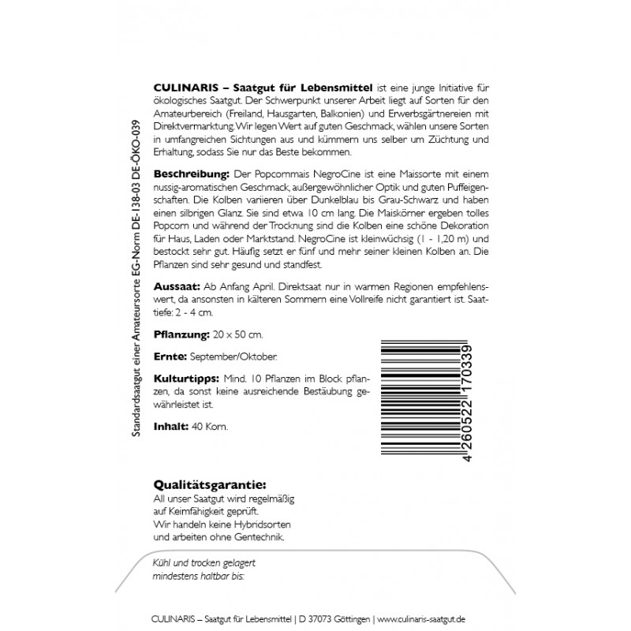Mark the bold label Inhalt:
[167, 426]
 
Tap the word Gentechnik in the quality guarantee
[255, 537]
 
